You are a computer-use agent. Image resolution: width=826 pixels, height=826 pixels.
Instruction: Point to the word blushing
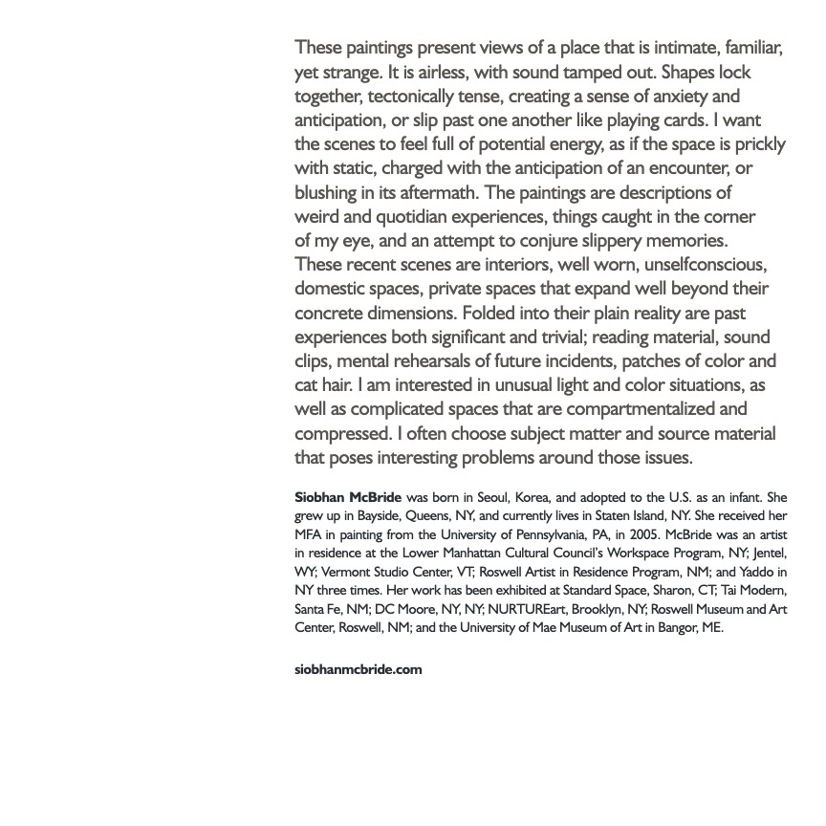pos(328,192)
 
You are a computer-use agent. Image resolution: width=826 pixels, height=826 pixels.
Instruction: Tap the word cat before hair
pos(308,385)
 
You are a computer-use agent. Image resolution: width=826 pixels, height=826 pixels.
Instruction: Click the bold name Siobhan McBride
pos(348,498)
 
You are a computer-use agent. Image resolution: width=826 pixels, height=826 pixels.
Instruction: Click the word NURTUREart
pos(527,609)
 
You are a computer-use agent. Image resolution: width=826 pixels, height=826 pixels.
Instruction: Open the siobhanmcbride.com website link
pos(359,669)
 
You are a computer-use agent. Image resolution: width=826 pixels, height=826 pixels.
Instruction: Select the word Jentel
pos(768,554)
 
